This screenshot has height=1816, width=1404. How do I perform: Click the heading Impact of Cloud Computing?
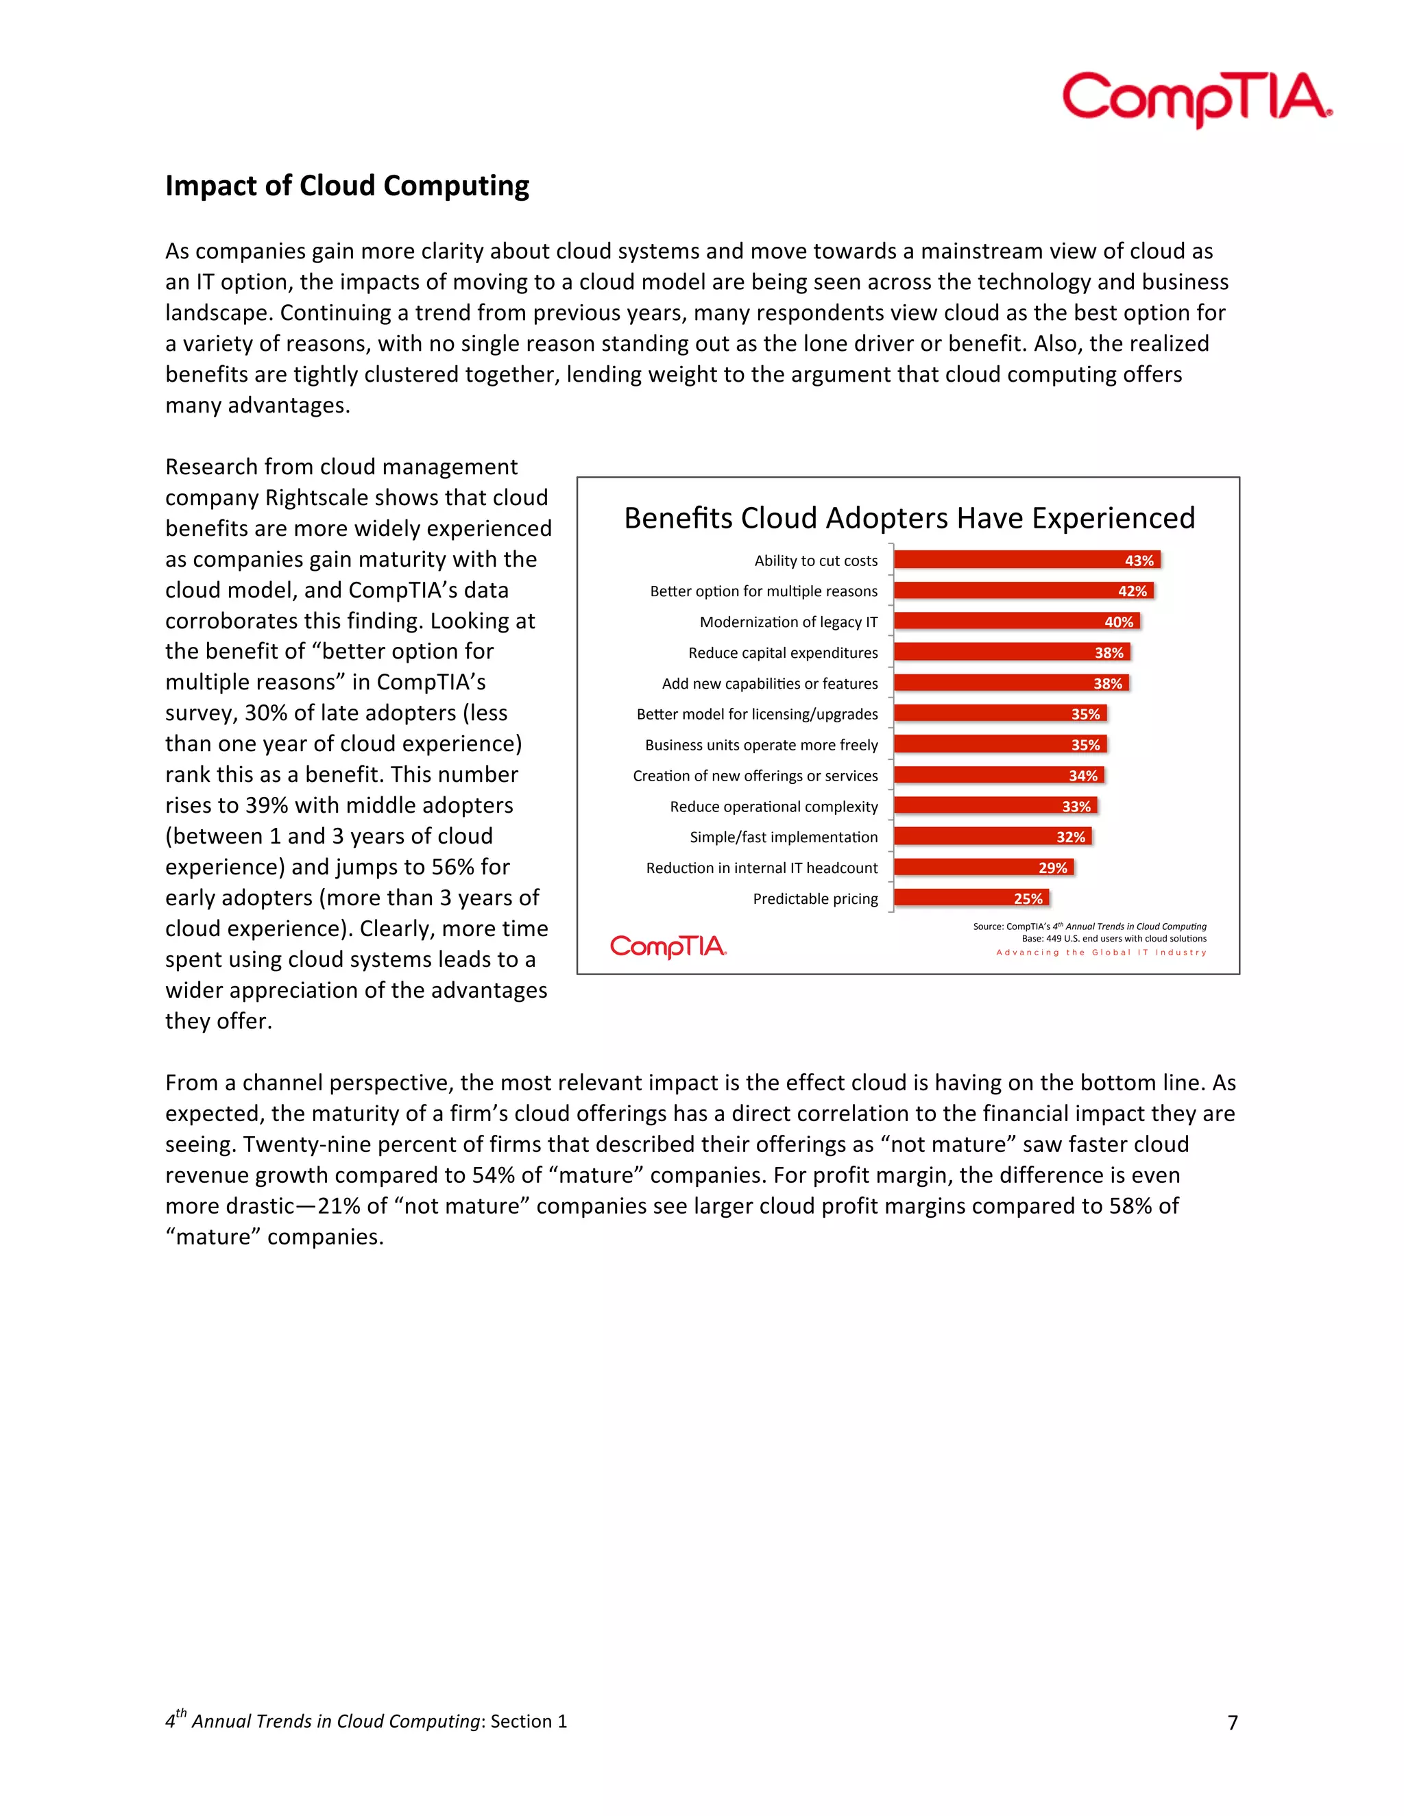point(347,186)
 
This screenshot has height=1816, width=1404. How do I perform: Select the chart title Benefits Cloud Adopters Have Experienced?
point(909,518)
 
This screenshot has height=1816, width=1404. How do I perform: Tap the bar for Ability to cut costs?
point(1026,561)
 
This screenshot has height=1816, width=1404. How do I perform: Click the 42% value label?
point(1132,591)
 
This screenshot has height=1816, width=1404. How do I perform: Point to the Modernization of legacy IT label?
point(788,622)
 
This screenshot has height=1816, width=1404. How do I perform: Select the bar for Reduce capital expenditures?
point(1010,652)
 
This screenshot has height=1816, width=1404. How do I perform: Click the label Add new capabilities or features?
point(769,683)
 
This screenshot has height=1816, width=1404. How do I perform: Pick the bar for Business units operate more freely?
point(999,745)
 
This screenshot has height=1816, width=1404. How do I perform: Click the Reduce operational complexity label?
point(773,807)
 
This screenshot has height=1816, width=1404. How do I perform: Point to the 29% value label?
point(1052,868)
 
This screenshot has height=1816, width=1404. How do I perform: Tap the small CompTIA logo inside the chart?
point(668,947)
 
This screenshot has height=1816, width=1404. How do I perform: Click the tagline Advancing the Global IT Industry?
point(1100,953)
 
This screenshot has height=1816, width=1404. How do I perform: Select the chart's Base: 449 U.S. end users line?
point(1114,939)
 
